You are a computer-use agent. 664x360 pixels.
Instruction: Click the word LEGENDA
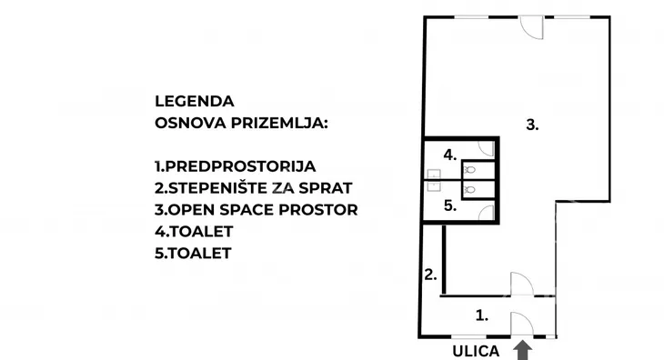point(195,101)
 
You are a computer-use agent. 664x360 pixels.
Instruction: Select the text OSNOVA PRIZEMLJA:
point(244,122)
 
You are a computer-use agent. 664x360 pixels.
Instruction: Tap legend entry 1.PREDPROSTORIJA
point(235,166)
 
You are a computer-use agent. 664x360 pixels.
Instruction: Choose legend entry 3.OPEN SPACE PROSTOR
point(257,210)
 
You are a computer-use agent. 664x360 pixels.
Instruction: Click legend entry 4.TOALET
point(193,232)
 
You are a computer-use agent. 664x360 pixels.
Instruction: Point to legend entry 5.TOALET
point(193,254)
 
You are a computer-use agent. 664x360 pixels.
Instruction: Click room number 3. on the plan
point(532,126)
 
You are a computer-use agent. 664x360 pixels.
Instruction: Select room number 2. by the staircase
point(431,275)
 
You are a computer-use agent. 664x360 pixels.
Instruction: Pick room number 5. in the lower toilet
point(448,206)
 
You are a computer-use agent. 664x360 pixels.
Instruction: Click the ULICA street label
point(477,349)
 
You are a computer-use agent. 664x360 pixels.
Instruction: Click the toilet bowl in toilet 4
point(469,169)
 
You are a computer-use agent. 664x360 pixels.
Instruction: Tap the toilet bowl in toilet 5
point(469,190)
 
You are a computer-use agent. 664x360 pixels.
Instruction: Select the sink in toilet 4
point(434,172)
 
